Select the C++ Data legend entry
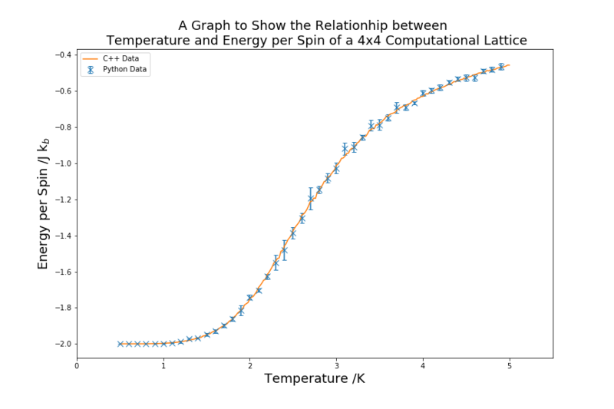pos(111,59)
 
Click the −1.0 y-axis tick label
pos(63,163)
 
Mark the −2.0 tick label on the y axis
pos(63,344)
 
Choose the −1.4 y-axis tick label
pos(63,236)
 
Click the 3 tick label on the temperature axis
pos(336,366)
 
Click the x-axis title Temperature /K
pos(315,379)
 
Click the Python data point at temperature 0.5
pos(120,344)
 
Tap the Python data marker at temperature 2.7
pos(311,199)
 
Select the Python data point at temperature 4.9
pos(501,67)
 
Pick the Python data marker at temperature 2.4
pos(285,250)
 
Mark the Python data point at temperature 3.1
pos(345,149)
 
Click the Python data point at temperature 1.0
pos(163,344)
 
